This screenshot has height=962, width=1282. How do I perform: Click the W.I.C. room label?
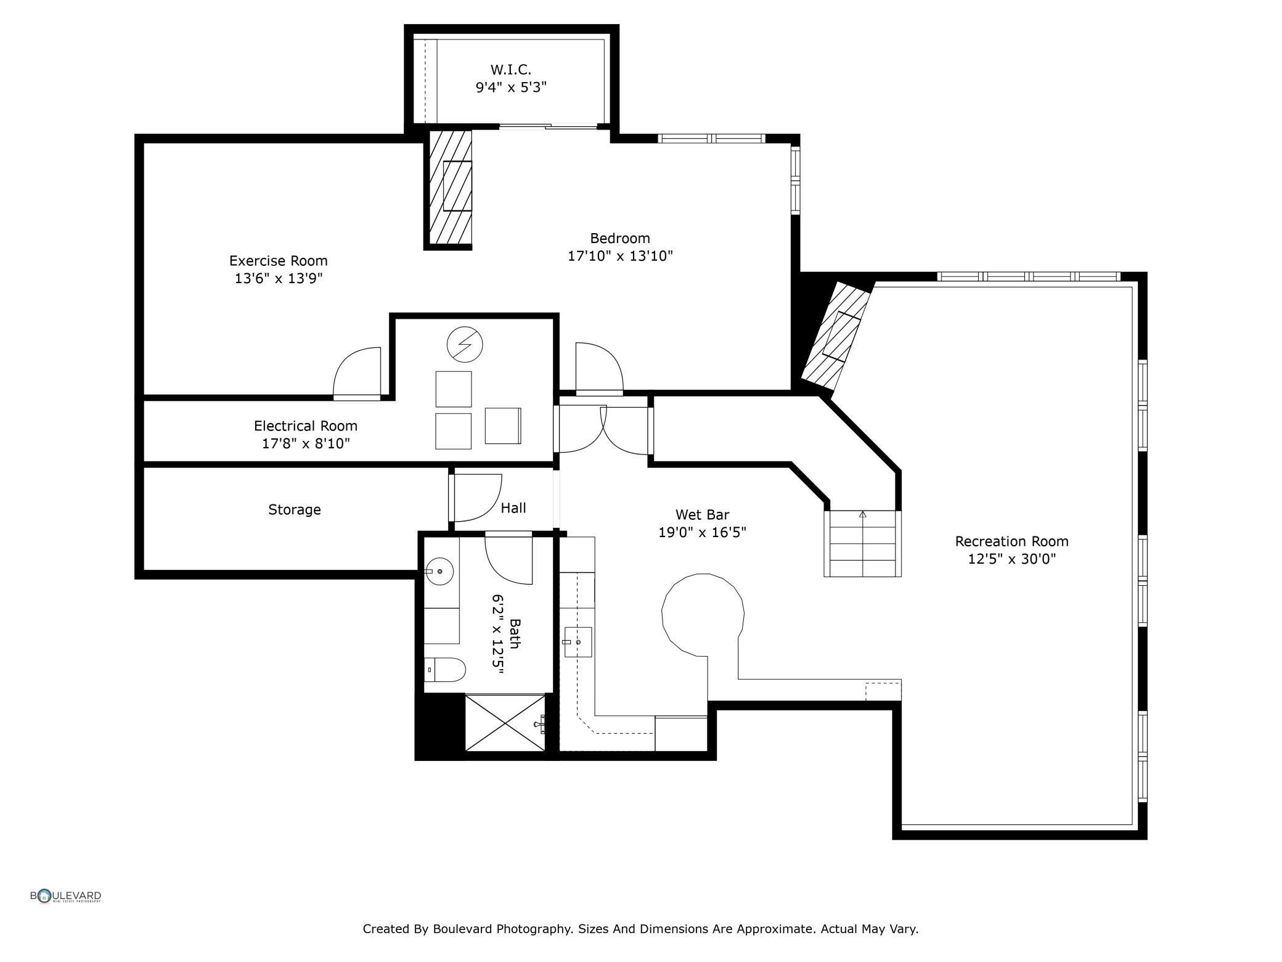click(x=511, y=70)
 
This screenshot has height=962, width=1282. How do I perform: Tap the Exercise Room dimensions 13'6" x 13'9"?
click(x=279, y=279)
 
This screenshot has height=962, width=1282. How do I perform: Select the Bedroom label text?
click(x=620, y=238)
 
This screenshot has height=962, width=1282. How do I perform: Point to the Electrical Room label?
click(x=306, y=425)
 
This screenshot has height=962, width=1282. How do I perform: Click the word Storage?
click(x=295, y=510)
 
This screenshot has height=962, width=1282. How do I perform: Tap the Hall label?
click(x=513, y=508)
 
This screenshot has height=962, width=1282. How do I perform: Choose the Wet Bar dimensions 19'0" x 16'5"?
click(x=703, y=532)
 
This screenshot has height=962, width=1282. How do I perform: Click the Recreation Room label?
click(x=1012, y=541)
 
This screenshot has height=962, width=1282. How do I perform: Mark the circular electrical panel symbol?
click(x=465, y=344)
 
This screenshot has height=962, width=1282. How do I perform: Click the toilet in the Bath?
click(x=445, y=670)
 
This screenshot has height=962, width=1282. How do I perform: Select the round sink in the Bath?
click(x=439, y=572)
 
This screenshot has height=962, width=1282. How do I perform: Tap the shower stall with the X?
click(x=505, y=723)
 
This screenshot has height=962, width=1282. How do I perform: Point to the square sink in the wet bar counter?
click(x=578, y=642)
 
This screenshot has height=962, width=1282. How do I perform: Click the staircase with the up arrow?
click(x=863, y=543)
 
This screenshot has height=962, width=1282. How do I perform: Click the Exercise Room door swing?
click(x=357, y=372)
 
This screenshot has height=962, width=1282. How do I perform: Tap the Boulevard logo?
click(x=66, y=896)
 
